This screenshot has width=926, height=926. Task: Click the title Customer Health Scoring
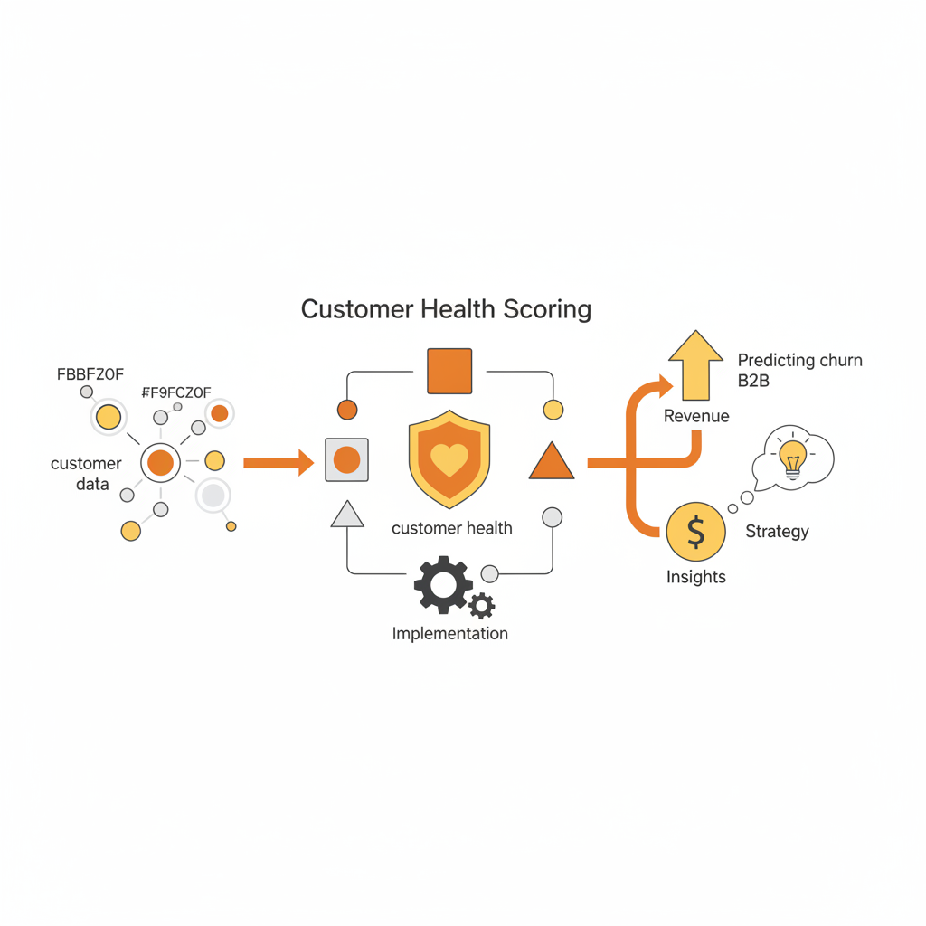[x=446, y=309]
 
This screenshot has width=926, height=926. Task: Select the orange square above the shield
[x=449, y=371]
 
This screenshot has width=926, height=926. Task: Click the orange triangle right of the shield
[x=551, y=463]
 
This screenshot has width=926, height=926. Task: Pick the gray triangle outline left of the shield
[x=347, y=515]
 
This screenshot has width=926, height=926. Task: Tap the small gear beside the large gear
[x=482, y=605]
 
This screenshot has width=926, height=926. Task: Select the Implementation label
[x=449, y=633]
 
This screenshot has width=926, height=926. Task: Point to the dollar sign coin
[x=695, y=533]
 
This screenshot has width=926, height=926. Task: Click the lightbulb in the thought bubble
[x=793, y=457]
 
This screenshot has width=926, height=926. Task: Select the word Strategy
[x=777, y=531]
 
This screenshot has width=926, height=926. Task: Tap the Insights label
[x=695, y=577]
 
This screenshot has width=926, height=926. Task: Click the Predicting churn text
[x=799, y=360]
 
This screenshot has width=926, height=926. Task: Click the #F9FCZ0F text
[x=176, y=392]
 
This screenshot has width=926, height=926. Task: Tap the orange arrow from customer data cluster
[x=279, y=463]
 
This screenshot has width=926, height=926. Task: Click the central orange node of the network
[x=160, y=463]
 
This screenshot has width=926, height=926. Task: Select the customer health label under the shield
[x=451, y=528]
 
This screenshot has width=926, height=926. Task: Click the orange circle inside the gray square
[x=346, y=460]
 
